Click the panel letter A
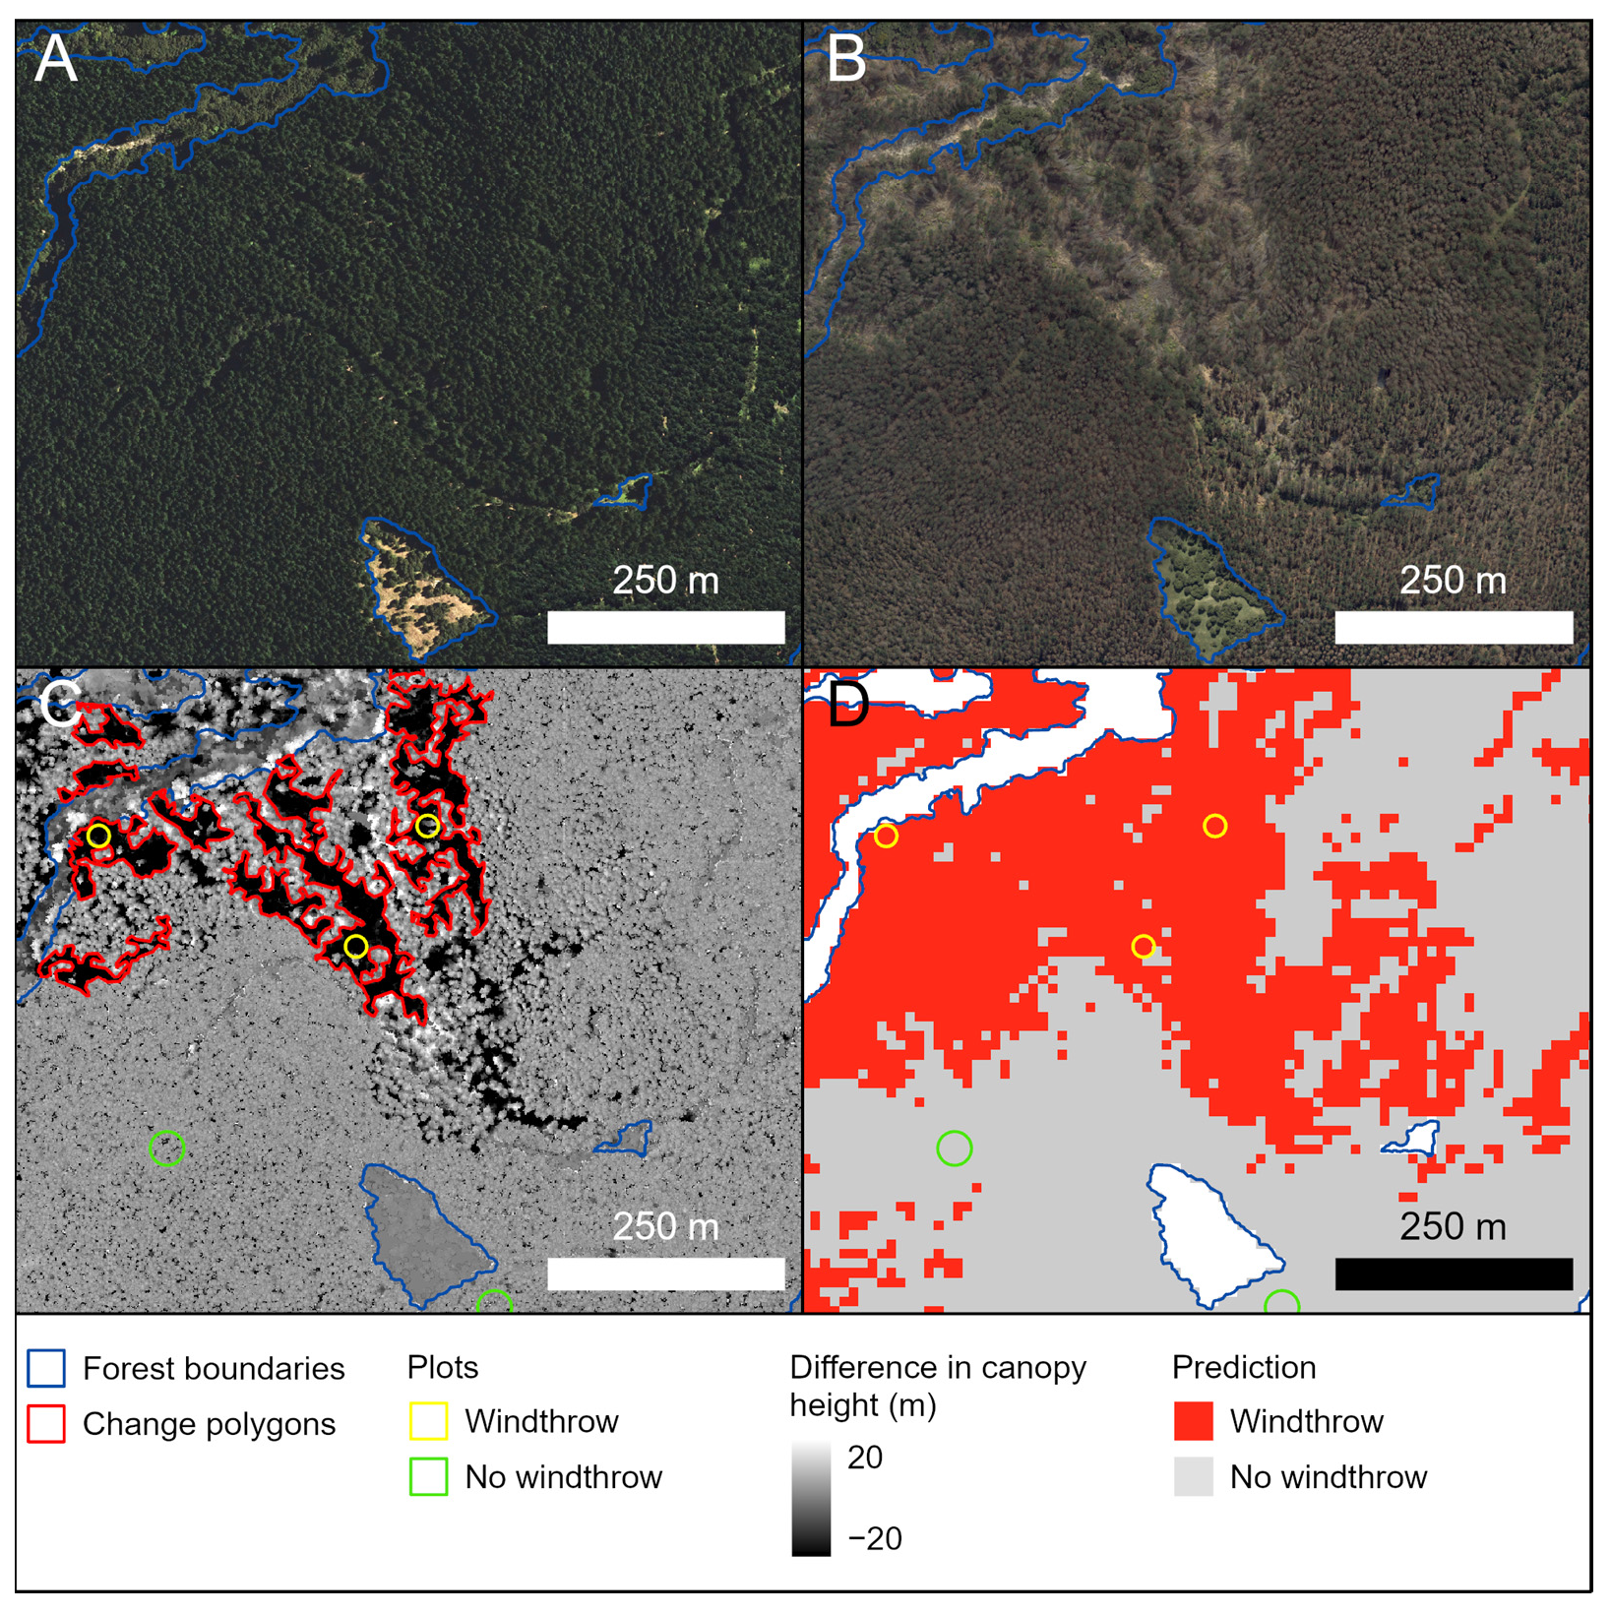pyautogui.click(x=55, y=59)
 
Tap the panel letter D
pyautogui.click(x=848, y=705)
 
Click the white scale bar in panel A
pyautogui.click(x=665, y=627)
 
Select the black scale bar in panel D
pyautogui.click(x=1453, y=1273)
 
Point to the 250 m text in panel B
pyautogui.click(x=1453, y=581)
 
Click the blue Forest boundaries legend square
pyautogui.click(x=46, y=1368)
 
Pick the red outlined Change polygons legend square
pyautogui.click(x=46, y=1424)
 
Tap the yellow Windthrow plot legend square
pyautogui.click(x=428, y=1421)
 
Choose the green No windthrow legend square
pyautogui.click(x=428, y=1477)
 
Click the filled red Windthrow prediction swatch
pyautogui.click(x=1193, y=1421)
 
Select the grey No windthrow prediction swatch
pyautogui.click(x=1193, y=1477)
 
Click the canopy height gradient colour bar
pyautogui.click(x=810, y=1499)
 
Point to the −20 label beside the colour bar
pyautogui.click(x=875, y=1538)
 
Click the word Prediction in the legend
pyautogui.click(x=1243, y=1367)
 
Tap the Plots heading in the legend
pyautogui.click(x=443, y=1367)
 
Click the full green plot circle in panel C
pyautogui.click(x=166, y=1148)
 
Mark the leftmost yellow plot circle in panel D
pyautogui.click(x=886, y=837)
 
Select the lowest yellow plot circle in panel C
pyautogui.click(x=356, y=947)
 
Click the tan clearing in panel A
pyautogui.click(x=423, y=595)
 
